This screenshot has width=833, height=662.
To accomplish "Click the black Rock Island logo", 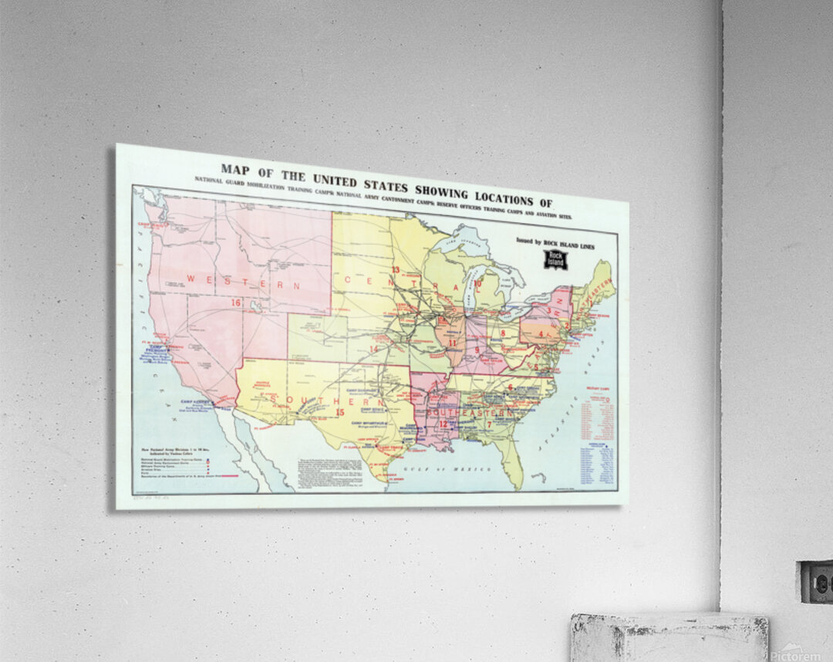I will (x=555, y=260).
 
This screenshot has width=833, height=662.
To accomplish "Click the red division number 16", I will (x=236, y=303).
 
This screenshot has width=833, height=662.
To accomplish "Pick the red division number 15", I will (x=340, y=412).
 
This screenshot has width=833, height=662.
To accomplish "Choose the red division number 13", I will (x=395, y=269).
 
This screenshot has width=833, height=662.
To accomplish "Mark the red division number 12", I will (x=443, y=424).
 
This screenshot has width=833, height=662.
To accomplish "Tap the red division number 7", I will (x=489, y=424).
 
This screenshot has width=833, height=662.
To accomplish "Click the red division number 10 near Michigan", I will (x=477, y=284).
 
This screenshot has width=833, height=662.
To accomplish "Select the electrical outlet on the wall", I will (x=815, y=582).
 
